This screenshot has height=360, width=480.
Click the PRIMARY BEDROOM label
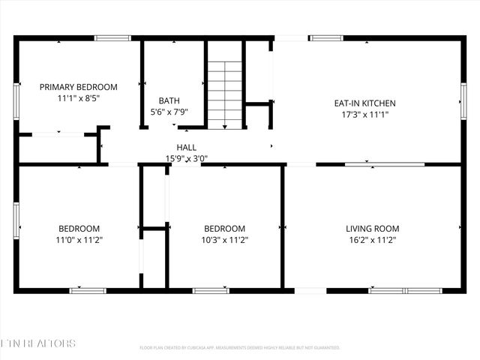coord(78,87)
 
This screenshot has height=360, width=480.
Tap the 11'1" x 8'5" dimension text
coord(78,98)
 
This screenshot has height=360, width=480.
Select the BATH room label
coord(169,100)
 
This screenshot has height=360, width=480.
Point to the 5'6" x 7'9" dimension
coord(169,112)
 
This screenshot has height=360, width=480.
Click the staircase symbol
coord(225,83)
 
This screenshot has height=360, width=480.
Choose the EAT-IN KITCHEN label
coord(364,103)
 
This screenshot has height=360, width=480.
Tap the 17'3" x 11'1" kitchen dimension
coord(364,115)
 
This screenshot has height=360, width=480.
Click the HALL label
coord(186,147)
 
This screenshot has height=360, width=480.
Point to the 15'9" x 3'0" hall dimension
coord(186,158)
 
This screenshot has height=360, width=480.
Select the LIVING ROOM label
coord(372,229)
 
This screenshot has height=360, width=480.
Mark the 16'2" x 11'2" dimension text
coord(372,240)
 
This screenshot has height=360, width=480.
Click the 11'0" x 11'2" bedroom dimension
coord(79,240)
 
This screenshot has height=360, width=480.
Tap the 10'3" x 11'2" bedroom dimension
coord(225,240)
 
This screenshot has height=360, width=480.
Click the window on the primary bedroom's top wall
coord(112,37)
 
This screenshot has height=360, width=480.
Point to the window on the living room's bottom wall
coord(397,290)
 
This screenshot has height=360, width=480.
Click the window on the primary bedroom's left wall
coord(16,96)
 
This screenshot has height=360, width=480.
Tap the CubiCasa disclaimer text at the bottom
coord(240,348)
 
